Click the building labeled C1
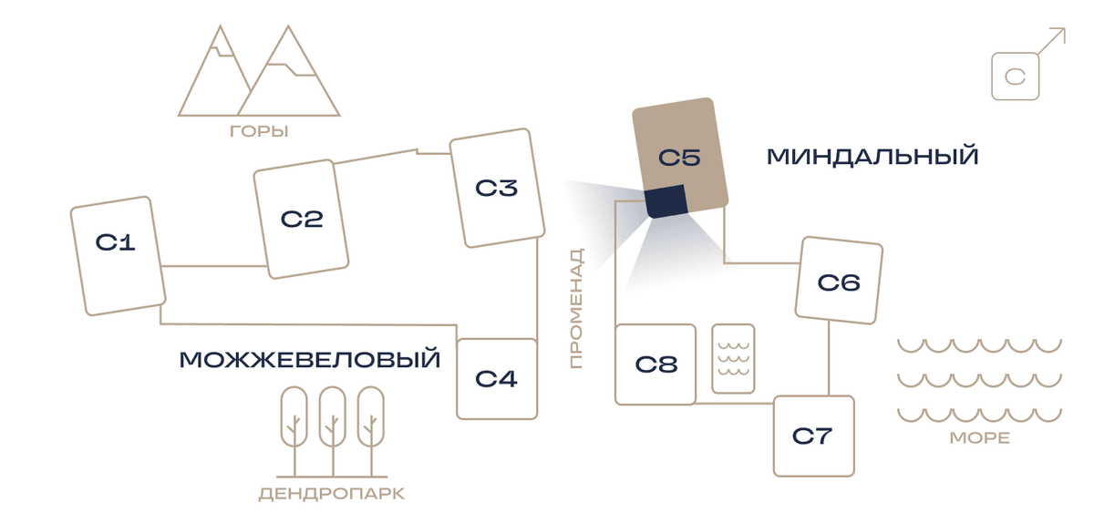click(119, 256)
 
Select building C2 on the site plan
click(301, 220)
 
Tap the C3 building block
click(497, 188)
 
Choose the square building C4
click(497, 379)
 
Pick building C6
click(839, 281)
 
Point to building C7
click(813, 436)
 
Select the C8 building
click(655, 364)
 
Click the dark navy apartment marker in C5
click(666, 201)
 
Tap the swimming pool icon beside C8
click(733, 358)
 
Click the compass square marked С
click(1016, 77)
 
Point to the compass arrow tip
click(1065, 28)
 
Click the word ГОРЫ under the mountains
click(259, 131)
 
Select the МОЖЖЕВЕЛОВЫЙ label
click(310, 360)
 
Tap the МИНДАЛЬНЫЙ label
click(872, 157)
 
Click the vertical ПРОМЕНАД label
click(576, 308)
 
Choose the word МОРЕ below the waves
click(980, 438)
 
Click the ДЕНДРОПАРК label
click(332, 494)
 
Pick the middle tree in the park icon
click(333, 431)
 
